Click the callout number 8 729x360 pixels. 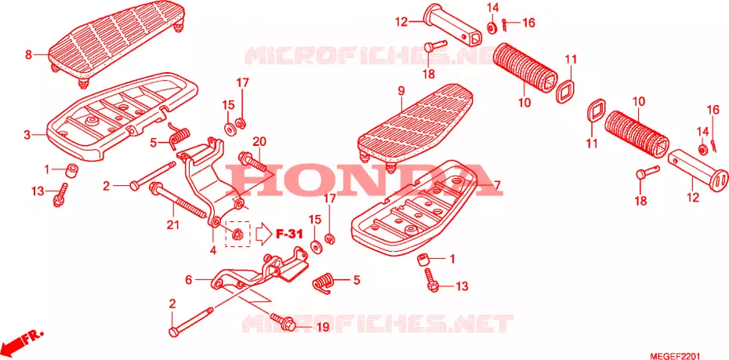[28, 55]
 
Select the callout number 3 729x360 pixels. [27, 136]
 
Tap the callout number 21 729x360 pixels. [173, 226]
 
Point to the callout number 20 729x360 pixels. [259, 141]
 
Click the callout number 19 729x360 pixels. [323, 327]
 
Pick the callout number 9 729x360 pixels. [401, 92]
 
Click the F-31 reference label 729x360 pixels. [289, 234]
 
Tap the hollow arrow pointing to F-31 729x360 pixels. [263, 234]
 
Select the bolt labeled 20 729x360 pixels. [252, 162]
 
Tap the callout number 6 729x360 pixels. [188, 280]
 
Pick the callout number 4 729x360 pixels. [213, 250]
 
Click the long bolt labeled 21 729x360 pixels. [177, 201]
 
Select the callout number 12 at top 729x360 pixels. [401, 21]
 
